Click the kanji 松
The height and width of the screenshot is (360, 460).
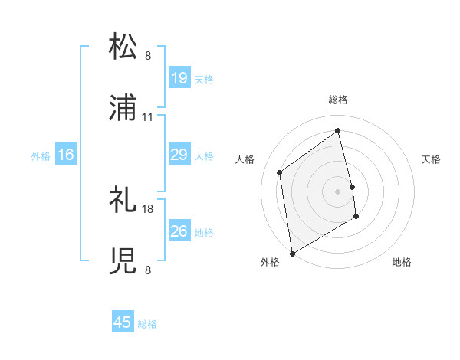pos(124,47)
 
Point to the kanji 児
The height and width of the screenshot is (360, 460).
pos(124,261)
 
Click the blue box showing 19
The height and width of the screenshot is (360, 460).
pos(179,78)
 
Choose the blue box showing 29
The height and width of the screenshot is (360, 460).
pos(179,155)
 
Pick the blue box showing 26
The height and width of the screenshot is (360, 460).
pos(179,231)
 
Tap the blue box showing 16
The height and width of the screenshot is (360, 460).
pos(66,155)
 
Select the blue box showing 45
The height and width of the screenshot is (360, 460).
pos(123,322)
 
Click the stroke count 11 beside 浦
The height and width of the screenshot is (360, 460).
pos(148,117)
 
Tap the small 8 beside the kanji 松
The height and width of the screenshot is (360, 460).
pos(148,56)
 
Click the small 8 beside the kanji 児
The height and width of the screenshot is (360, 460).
pos(148,270)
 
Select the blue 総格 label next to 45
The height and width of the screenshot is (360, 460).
pos(147,324)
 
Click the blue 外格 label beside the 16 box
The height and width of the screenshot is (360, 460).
pos(41,156)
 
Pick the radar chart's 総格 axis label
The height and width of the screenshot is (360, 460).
pos(338,100)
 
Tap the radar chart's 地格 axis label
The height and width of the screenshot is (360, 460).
pos(402,262)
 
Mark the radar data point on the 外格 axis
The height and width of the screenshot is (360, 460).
pos(292,253)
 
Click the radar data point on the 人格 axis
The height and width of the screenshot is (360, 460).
pos(280,172)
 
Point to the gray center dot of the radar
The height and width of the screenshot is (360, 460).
pos(338,191)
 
